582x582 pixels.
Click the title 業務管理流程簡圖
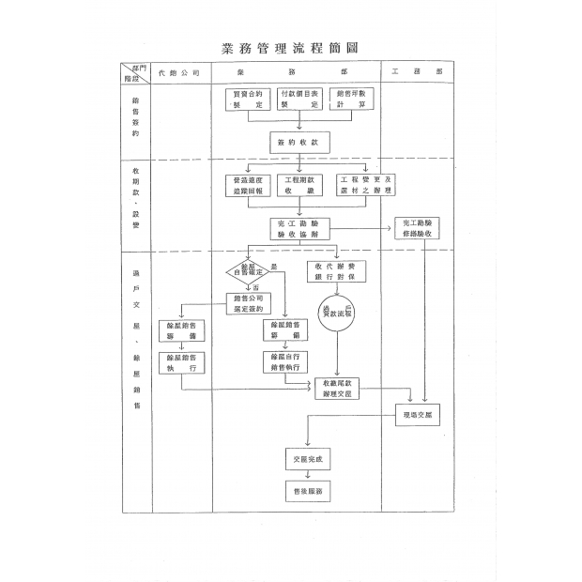[x=290, y=48]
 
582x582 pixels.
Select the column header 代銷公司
[x=178, y=72]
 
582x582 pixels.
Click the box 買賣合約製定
[x=248, y=100]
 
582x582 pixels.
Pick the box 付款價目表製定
[x=300, y=100]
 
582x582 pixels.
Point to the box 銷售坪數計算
[x=354, y=100]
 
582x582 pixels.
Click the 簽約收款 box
[x=299, y=142]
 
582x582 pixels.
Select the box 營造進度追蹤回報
[x=249, y=185]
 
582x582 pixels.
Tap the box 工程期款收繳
[x=299, y=185]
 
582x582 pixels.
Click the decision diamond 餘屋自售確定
[x=248, y=272]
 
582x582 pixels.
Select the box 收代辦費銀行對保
[x=336, y=272]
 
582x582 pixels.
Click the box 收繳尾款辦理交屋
[x=336, y=390]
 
